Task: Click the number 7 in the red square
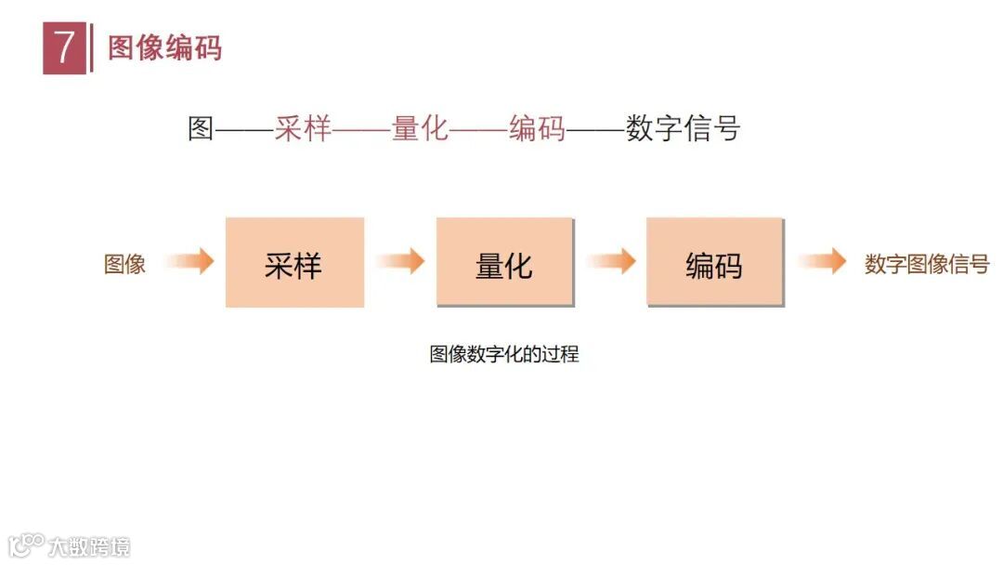coord(64,48)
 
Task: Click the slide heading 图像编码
coord(165,48)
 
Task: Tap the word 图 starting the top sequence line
coord(201,129)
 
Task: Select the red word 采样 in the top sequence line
coord(303,129)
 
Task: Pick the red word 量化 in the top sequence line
coord(420,129)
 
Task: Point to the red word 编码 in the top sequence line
coord(537,129)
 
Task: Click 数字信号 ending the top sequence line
coord(683,129)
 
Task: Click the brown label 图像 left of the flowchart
coord(124,264)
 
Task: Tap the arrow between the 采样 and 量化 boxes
coord(401,262)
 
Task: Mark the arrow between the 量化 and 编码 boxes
coord(612,262)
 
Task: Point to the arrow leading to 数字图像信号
coord(823,262)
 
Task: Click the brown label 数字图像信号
coord(927,264)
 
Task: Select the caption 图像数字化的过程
coord(504,354)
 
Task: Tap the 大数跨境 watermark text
coord(90,545)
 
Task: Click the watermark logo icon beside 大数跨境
coord(27,544)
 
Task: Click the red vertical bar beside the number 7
coord(91,48)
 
